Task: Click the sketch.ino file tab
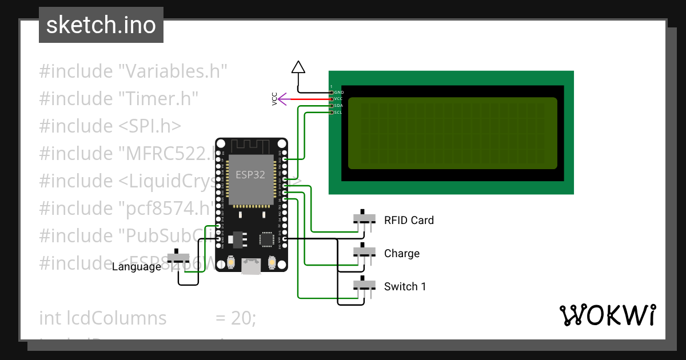click(101, 25)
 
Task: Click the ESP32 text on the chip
click(250, 175)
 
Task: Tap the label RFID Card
click(409, 220)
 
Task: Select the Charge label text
click(402, 253)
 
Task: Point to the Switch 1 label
click(405, 286)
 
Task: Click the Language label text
click(137, 266)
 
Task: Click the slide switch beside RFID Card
click(364, 218)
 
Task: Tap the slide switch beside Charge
click(364, 251)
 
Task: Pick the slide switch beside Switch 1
click(364, 285)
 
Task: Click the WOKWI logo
click(607, 315)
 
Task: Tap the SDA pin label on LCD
click(338, 106)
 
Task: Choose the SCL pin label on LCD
click(338, 113)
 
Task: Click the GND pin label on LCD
click(338, 92)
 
